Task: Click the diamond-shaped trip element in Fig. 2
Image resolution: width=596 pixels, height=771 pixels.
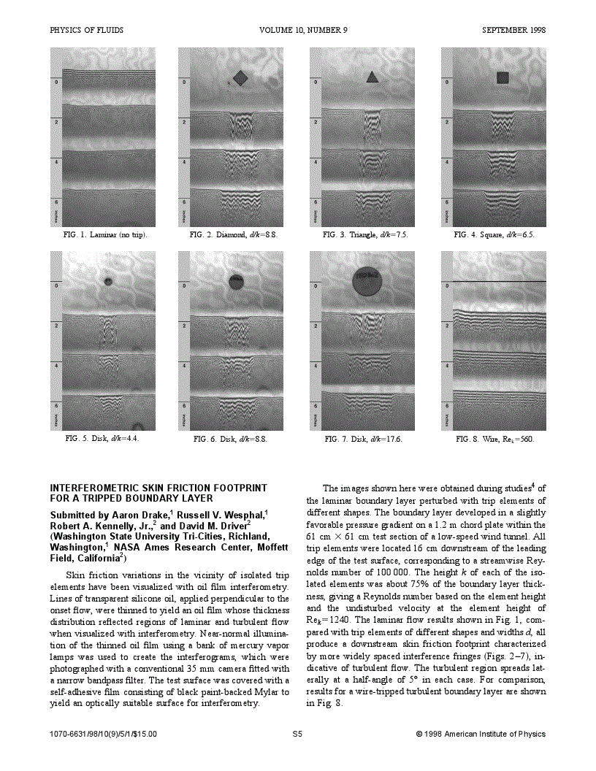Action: (240, 77)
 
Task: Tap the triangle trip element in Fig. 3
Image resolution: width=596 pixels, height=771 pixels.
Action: (372, 77)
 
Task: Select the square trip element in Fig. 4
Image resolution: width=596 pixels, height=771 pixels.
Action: (503, 77)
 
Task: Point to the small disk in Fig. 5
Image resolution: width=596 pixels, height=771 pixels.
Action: (109, 280)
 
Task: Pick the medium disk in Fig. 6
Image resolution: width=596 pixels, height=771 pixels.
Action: (236, 280)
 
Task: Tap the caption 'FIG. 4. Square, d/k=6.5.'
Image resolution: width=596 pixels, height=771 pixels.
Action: (494, 235)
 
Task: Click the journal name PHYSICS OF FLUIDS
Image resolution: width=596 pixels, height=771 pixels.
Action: (86, 31)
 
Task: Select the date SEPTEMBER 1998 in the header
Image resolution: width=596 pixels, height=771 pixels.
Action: (513, 31)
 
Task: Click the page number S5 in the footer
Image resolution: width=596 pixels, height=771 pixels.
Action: (297, 734)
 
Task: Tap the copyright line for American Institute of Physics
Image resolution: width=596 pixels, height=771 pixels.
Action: (481, 734)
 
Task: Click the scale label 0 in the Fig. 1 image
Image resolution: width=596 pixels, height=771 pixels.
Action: (56, 83)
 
